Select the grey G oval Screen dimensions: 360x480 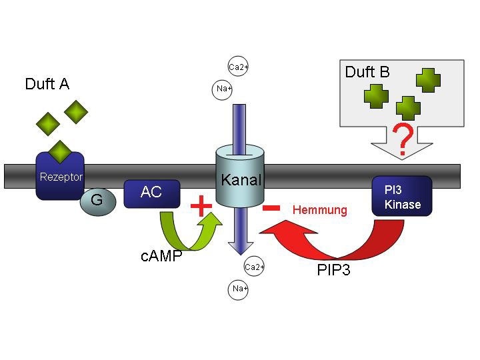(96, 199)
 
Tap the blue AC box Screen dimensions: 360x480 (151, 193)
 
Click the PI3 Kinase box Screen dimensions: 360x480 (403, 197)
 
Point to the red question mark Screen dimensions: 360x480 (401, 139)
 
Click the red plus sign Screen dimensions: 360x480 (201, 205)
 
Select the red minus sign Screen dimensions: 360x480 (270, 207)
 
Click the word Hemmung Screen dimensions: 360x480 (320, 210)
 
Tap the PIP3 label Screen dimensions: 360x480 (334, 270)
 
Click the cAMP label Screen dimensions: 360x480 (161, 256)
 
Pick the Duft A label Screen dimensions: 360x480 (47, 84)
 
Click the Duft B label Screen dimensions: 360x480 (367, 72)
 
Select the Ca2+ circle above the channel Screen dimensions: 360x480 (238, 67)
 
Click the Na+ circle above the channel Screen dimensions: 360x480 (224, 89)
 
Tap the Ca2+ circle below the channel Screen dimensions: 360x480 (255, 267)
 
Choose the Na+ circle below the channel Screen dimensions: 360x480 (239, 289)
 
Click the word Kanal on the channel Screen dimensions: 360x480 (241, 179)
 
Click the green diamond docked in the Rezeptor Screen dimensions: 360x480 (61, 151)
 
